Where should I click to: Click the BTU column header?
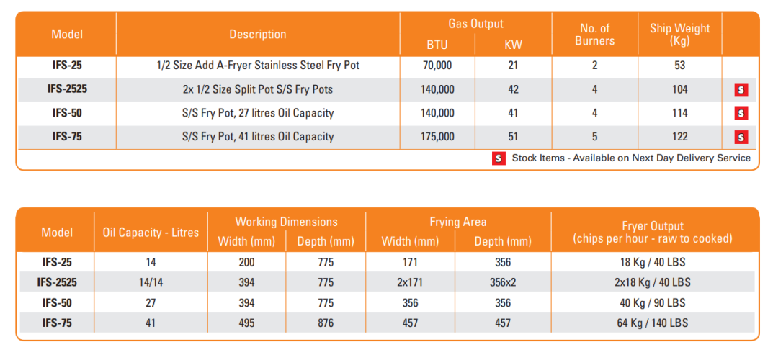click(x=437, y=45)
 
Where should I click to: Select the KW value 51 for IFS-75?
click(x=513, y=136)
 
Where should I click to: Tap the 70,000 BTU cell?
click(x=437, y=66)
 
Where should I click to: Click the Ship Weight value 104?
click(x=679, y=89)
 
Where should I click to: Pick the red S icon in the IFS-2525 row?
click(x=741, y=89)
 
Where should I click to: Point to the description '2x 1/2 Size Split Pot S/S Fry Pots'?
click(x=257, y=89)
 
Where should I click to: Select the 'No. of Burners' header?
click(x=594, y=35)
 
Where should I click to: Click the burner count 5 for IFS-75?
click(x=594, y=136)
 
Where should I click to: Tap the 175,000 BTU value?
click(x=437, y=136)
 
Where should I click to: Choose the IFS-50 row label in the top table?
click(x=67, y=113)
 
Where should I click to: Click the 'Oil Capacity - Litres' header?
click(x=151, y=232)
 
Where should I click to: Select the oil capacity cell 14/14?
click(x=151, y=282)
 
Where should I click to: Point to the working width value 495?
click(x=246, y=323)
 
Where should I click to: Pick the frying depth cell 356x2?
click(x=503, y=282)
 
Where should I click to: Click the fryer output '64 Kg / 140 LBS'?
click(x=652, y=323)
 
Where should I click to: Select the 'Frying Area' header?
click(x=458, y=222)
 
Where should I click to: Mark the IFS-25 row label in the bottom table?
click(x=57, y=262)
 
